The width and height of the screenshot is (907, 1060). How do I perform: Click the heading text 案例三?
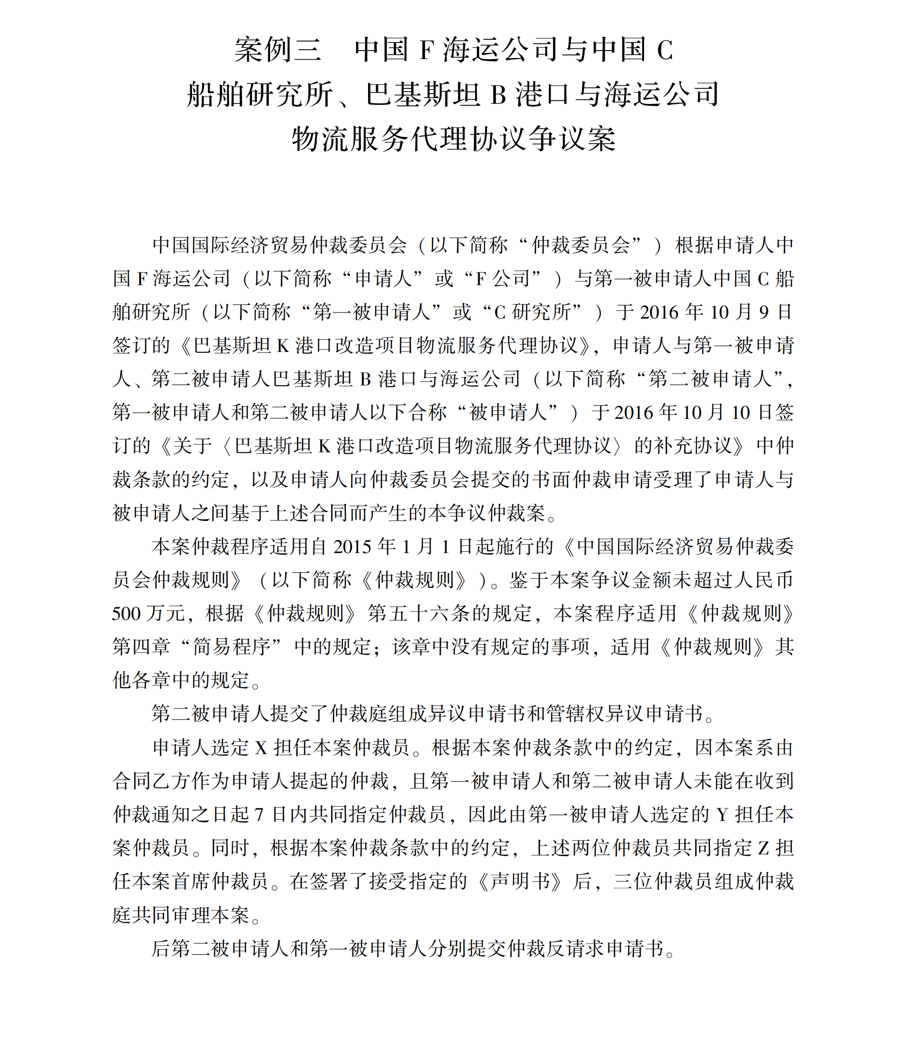pos(278,50)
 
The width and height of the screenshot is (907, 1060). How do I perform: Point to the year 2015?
pos(353,547)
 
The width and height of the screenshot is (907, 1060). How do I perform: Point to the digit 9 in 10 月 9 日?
pos(764,312)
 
